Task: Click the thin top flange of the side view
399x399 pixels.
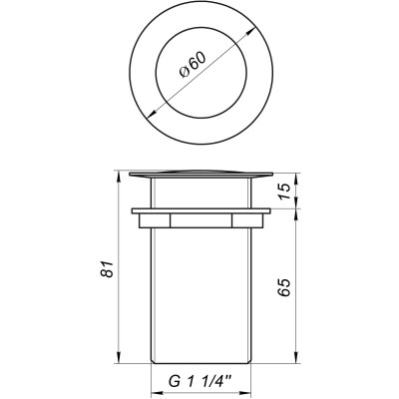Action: pyautogui.click(x=199, y=176)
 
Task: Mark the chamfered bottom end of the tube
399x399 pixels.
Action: pyautogui.click(x=199, y=360)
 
